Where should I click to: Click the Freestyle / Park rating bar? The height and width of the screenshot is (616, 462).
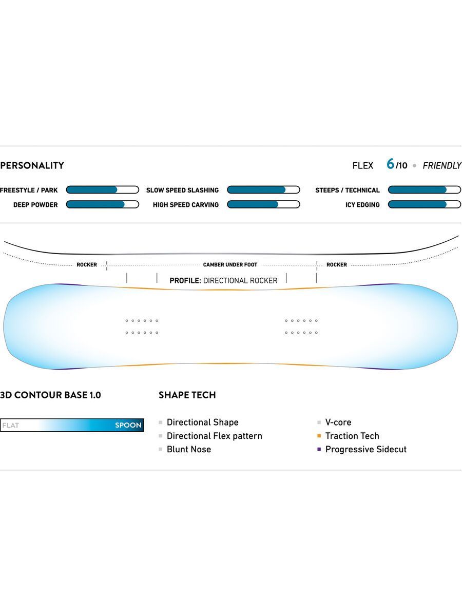tap(102, 190)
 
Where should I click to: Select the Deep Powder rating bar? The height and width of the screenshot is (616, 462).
tap(102, 204)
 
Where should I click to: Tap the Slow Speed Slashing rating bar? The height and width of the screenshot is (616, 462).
tap(263, 190)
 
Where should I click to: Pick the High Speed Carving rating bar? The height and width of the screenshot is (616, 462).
tap(263, 204)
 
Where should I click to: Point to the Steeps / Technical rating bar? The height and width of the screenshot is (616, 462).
tap(424, 190)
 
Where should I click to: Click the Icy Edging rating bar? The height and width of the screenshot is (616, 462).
tap(424, 204)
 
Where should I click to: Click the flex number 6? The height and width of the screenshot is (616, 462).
tap(390, 164)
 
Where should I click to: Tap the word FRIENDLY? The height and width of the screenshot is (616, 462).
tap(441, 165)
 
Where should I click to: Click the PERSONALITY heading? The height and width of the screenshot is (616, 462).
tap(32, 165)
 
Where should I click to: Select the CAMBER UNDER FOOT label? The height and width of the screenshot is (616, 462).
tap(230, 265)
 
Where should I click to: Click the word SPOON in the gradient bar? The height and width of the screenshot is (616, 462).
tap(128, 425)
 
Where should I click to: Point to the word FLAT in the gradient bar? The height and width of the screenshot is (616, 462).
tap(11, 425)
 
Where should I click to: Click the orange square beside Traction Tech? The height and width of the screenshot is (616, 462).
tap(319, 436)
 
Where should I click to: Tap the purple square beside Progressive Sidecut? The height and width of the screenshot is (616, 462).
tap(319, 449)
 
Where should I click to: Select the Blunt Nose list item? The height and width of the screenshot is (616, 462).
tap(188, 449)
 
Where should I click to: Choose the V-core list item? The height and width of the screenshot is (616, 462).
tap(338, 422)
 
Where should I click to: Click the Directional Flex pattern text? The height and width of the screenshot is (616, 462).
tap(214, 436)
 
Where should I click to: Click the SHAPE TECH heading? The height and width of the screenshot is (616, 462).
tap(187, 395)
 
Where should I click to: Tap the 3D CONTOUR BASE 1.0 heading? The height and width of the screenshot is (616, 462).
tap(50, 395)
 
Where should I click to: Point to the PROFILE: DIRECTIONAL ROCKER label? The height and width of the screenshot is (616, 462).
tap(223, 280)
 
